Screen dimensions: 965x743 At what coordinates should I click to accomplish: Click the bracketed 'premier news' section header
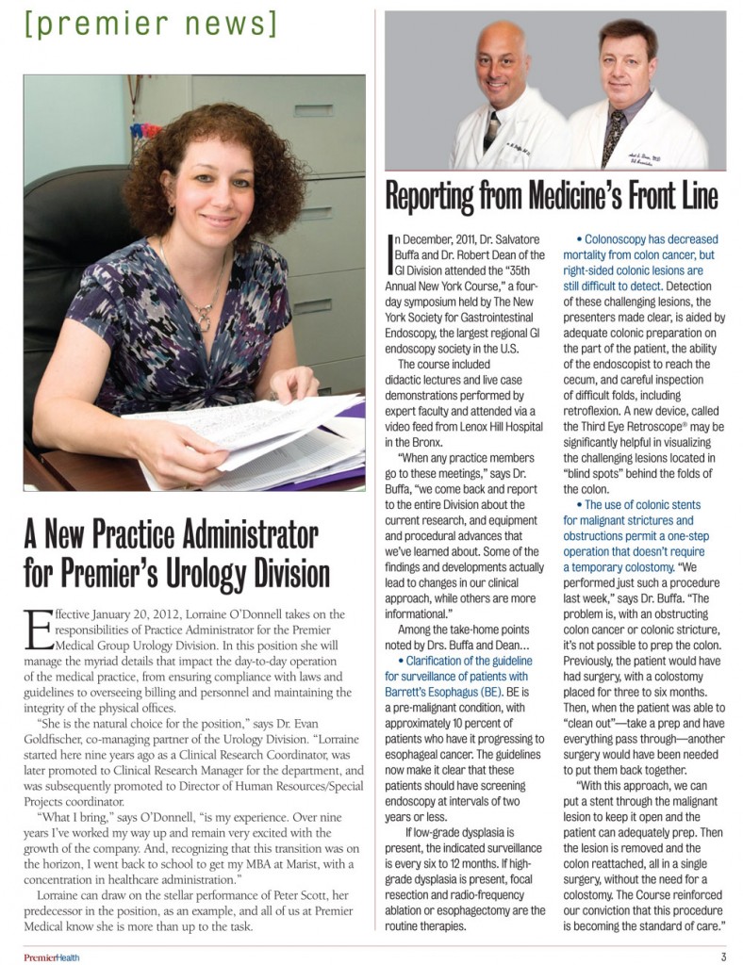pyautogui.click(x=151, y=23)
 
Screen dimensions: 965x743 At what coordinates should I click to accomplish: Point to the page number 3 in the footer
pyautogui.click(x=722, y=957)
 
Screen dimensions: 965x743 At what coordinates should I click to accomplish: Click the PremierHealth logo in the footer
pyautogui.click(x=52, y=957)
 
